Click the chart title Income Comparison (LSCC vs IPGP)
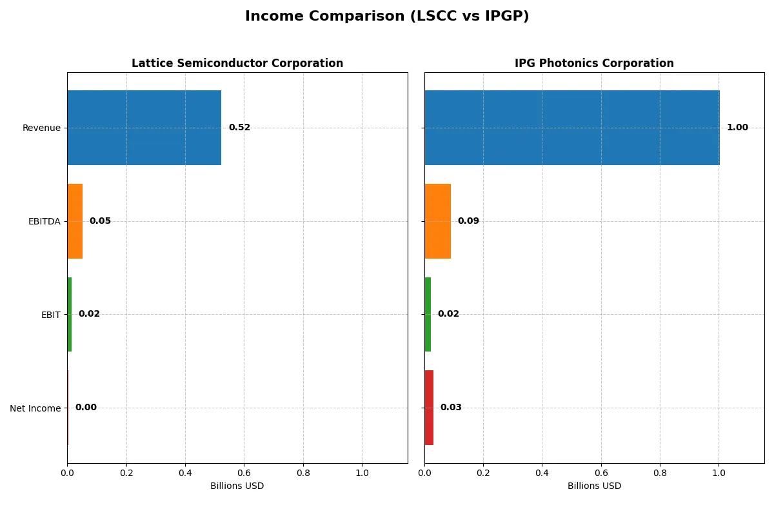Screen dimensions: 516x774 [x=387, y=17]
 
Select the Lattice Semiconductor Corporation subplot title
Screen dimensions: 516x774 [x=237, y=63]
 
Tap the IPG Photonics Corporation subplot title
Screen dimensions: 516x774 [x=594, y=63]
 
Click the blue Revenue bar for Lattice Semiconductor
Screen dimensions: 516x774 [x=144, y=128]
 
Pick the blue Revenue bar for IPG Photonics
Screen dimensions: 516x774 [x=571, y=128]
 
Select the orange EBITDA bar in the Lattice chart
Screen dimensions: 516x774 [x=75, y=221]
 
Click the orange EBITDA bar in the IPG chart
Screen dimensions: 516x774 [x=437, y=221]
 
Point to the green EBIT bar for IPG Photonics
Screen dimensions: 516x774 [x=428, y=315]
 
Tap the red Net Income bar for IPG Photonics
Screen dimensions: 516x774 [x=429, y=408]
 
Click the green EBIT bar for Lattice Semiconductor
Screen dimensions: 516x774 [x=70, y=315]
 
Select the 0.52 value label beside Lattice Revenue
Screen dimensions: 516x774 [x=239, y=128]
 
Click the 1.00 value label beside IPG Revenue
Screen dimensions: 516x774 [x=737, y=128]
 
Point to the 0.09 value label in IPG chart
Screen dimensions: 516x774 [x=468, y=221]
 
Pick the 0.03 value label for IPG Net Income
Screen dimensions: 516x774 [x=451, y=408]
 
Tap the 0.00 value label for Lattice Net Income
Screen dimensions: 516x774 [x=86, y=408]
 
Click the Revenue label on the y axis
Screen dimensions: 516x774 [x=41, y=128]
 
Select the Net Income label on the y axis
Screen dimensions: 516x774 [x=35, y=408]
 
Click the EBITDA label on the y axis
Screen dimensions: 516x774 [x=44, y=221]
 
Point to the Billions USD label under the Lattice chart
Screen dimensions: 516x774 [x=237, y=486]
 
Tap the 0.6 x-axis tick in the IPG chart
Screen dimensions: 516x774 [x=600, y=473]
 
